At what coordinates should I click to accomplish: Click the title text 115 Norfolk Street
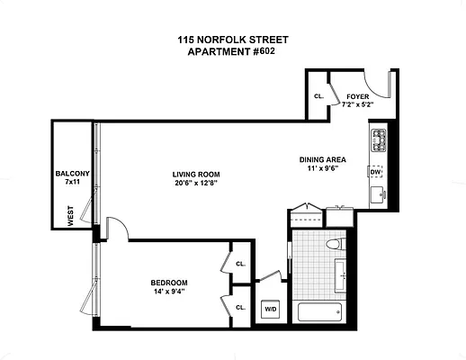click(x=232, y=40)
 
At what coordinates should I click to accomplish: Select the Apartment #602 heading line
click(x=232, y=51)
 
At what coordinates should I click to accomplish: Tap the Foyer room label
click(x=357, y=96)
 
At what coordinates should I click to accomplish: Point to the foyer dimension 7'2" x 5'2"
click(x=357, y=105)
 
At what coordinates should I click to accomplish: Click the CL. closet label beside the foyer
click(x=318, y=96)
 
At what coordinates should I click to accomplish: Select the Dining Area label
click(x=322, y=160)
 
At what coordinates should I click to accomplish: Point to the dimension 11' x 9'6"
click(x=322, y=170)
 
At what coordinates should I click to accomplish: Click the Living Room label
click(x=197, y=174)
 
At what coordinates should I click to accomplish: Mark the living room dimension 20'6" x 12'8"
click(x=197, y=184)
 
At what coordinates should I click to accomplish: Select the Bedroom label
click(x=168, y=283)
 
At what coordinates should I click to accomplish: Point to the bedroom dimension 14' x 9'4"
click(x=168, y=292)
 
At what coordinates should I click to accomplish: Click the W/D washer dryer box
click(x=270, y=310)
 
